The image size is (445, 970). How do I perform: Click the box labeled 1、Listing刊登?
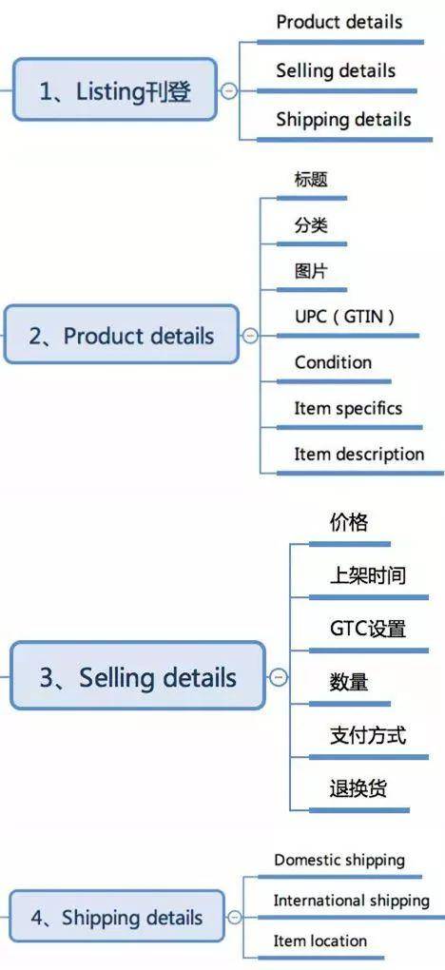(115, 89)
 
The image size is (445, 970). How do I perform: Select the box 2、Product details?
(122, 335)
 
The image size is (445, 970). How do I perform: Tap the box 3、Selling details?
(138, 675)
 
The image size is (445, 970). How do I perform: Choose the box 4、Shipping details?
(116, 916)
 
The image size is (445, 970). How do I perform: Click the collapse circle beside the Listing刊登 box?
(228, 91)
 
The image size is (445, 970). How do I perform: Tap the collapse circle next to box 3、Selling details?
(279, 677)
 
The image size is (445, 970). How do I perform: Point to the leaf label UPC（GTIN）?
(344, 317)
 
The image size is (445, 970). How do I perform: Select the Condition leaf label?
(333, 362)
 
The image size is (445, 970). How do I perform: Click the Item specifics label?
(348, 408)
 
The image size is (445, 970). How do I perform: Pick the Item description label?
(359, 454)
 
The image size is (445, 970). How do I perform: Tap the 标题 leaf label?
(311, 180)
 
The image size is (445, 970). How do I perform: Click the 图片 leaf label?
(311, 271)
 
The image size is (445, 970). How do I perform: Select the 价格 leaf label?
(349, 523)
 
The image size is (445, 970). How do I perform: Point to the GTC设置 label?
(368, 629)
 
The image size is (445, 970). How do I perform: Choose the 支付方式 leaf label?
(368, 735)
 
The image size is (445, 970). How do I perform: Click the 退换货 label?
(358, 788)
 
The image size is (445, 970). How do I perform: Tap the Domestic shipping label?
(339, 860)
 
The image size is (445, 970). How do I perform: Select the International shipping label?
(352, 900)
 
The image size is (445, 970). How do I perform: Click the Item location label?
(320, 941)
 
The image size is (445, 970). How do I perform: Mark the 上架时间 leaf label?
(368, 576)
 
